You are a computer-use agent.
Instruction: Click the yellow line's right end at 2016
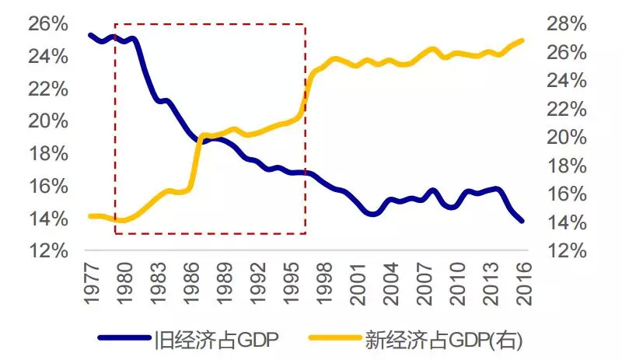coord(521,40)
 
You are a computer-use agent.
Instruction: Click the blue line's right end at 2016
coord(521,221)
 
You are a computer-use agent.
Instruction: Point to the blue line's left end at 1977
coord(90,35)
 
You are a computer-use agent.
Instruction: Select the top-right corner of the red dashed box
coord(305,24)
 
